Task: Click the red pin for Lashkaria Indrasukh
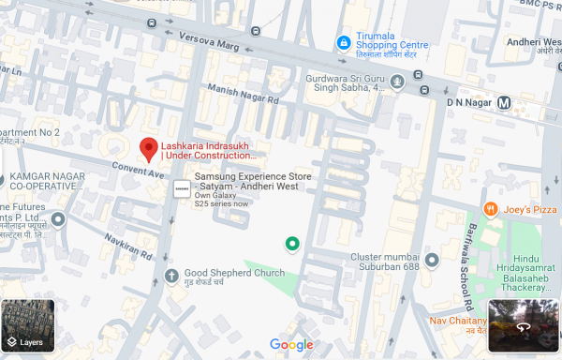point(148,148)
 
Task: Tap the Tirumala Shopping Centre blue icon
point(344,43)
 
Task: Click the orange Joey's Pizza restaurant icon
point(489,208)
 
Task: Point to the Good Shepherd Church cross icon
point(171,275)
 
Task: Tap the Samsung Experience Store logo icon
point(181,189)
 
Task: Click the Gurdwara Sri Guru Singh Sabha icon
point(397,82)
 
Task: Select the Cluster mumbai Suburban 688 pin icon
point(432,259)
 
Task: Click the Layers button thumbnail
point(28,325)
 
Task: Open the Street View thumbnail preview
point(524,325)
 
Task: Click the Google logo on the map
point(291,345)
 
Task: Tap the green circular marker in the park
point(292,245)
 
